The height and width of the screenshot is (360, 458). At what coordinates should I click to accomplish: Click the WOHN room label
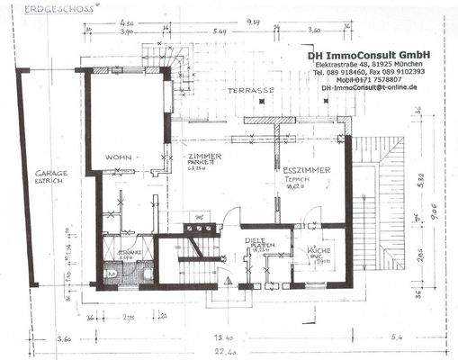pyautogui.click(x=118, y=157)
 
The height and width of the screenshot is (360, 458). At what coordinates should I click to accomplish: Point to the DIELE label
pyautogui.click(x=257, y=241)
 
